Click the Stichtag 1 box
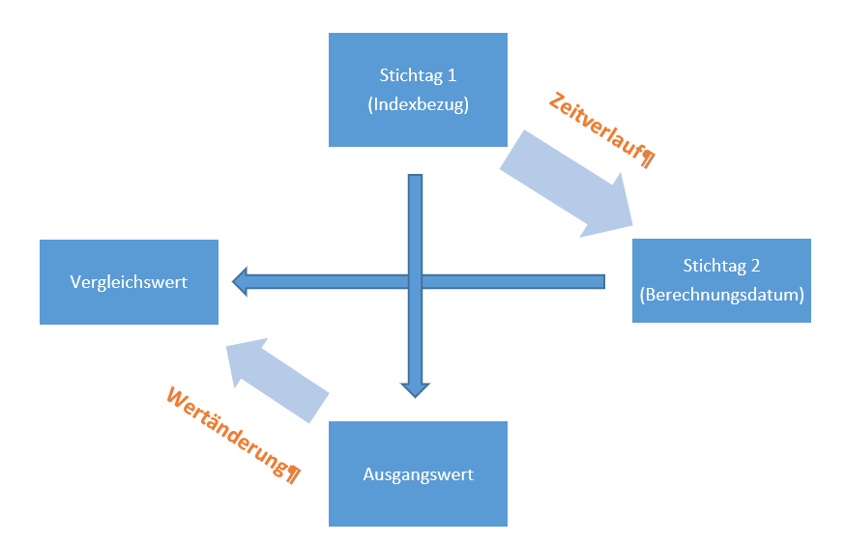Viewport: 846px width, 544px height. (x=418, y=90)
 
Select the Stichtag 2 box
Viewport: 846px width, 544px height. (x=721, y=280)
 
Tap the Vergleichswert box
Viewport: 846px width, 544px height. (x=129, y=282)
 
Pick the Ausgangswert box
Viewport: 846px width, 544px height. (x=418, y=473)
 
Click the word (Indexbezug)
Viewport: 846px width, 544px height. (x=419, y=105)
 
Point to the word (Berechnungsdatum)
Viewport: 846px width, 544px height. (x=721, y=295)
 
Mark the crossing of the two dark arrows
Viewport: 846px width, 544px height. (x=416, y=281)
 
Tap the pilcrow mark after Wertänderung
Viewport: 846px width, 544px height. (x=293, y=472)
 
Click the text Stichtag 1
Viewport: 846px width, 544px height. (x=419, y=74)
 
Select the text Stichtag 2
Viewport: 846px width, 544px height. (x=721, y=265)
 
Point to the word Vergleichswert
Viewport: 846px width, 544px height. (x=129, y=282)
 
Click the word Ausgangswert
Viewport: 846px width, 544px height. (x=418, y=474)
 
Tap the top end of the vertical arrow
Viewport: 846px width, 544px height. (x=416, y=178)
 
